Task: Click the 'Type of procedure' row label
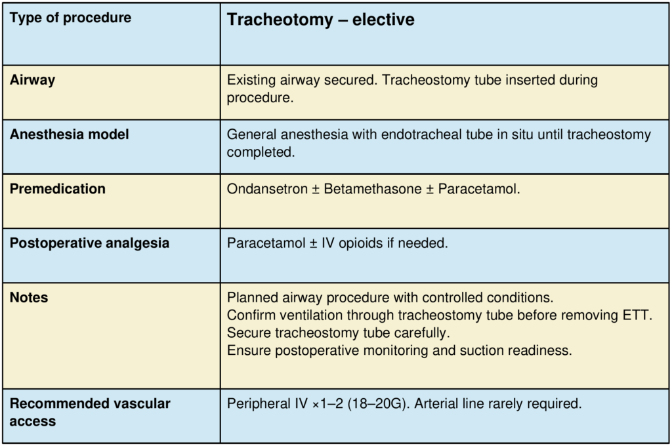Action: point(70,18)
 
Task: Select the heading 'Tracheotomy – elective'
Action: point(320,20)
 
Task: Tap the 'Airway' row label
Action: point(32,80)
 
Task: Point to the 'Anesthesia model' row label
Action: point(69,134)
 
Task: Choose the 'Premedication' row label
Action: point(57,189)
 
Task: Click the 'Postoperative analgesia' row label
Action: point(89,243)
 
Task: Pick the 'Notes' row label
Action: point(29,298)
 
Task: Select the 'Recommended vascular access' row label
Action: point(89,412)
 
